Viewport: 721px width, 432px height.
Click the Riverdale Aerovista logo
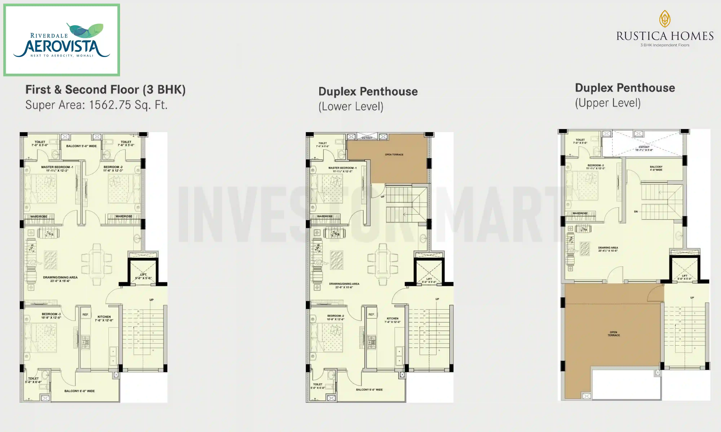61,40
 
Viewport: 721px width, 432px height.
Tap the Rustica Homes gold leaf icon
665,19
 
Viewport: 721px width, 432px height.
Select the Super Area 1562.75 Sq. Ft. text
96,105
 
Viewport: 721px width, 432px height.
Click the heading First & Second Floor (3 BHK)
105,90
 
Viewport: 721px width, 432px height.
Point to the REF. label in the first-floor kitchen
85,314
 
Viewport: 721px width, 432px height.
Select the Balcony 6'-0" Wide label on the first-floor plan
79,391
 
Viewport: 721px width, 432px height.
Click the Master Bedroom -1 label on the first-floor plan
57,167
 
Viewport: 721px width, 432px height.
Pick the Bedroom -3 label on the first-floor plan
51,314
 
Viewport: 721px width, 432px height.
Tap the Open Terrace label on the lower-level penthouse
394,155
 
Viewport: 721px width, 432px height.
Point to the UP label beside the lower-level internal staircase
382,197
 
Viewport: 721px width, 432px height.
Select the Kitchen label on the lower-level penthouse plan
393,318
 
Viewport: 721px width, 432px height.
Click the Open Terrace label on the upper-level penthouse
613,334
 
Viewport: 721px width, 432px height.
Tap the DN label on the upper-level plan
636,212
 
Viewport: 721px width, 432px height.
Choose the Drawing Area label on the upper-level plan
608,248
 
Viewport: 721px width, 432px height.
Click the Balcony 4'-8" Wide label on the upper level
656,168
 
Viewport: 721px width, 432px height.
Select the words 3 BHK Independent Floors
665,45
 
